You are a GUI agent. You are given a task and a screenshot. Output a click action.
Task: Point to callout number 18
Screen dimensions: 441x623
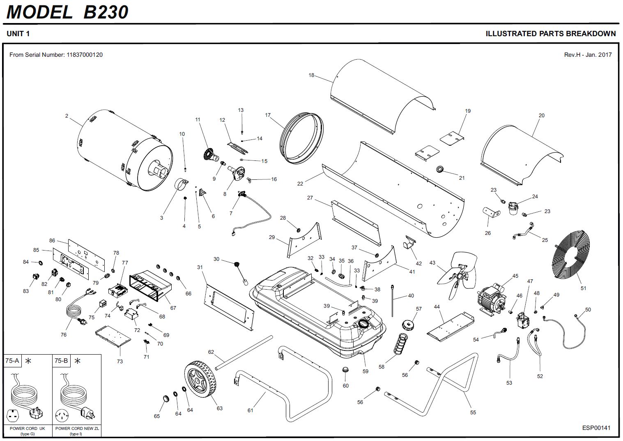tap(311, 75)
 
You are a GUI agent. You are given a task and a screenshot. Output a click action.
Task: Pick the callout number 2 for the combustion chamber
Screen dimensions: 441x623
tap(67, 116)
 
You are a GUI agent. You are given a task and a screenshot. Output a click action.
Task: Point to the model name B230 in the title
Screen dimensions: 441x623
tap(106, 12)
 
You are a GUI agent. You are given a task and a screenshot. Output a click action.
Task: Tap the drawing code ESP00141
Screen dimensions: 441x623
tap(596, 428)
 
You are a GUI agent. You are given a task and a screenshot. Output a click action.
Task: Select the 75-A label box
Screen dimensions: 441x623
tap(12, 361)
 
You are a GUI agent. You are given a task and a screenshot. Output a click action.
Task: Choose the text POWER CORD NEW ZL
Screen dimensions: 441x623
tap(77, 428)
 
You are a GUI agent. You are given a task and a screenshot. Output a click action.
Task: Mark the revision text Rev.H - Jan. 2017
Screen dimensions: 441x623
tap(588, 55)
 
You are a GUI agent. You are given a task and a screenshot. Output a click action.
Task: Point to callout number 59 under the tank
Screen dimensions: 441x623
tap(366, 371)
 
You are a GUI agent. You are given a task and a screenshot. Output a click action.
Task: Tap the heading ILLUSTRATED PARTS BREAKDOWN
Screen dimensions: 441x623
tap(550, 34)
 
